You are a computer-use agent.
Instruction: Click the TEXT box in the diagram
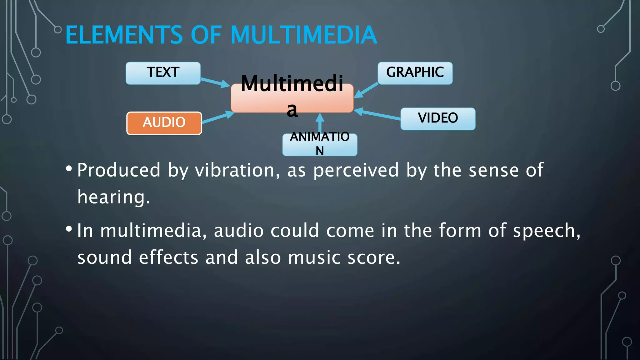pos(163,73)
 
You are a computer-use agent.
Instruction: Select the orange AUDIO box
pos(164,123)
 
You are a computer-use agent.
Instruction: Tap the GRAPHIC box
pos(415,73)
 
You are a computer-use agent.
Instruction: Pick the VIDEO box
pos(438,119)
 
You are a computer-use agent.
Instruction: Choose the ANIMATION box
pos(320,145)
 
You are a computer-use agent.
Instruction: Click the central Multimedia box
pos(292,98)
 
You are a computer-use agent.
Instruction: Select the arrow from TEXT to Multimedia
pos(215,82)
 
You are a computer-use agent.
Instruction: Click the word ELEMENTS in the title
pos(124,35)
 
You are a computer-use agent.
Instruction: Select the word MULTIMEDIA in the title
pos(304,35)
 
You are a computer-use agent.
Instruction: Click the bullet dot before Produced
pos(69,169)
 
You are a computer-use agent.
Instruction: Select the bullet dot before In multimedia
pos(69,229)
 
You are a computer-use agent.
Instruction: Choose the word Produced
pos(119,170)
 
